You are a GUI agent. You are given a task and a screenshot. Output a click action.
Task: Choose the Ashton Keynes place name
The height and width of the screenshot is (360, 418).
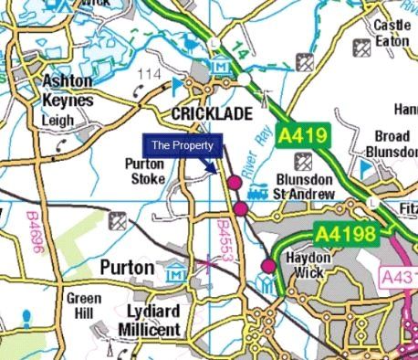pyautogui.click(x=67, y=90)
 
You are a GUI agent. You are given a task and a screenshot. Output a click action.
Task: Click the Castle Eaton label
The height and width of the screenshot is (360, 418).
pyautogui.click(x=392, y=34)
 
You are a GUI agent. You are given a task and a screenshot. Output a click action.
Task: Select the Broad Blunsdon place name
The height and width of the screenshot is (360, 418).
pyautogui.click(x=392, y=143)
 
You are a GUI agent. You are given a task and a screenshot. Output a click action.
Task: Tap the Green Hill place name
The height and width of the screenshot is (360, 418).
pyautogui.click(x=83, y=306)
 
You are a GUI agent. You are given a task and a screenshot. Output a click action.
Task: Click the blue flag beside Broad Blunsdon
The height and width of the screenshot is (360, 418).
pyautogui.click(x=367, y=168)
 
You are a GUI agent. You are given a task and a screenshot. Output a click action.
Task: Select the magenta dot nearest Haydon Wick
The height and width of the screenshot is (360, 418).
pyautogui.click(x=267, y=266)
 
